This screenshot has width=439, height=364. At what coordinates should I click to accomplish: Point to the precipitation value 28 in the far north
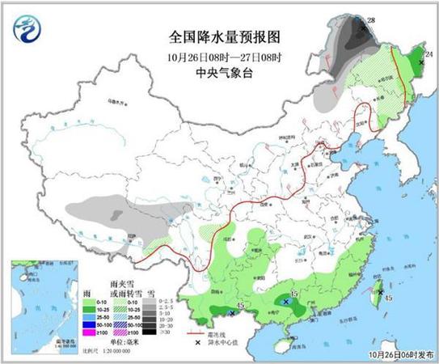click(372, 19)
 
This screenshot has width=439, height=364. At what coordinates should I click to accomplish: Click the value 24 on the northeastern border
click(429, 53)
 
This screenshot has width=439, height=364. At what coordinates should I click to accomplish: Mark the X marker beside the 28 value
click(362, 26)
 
